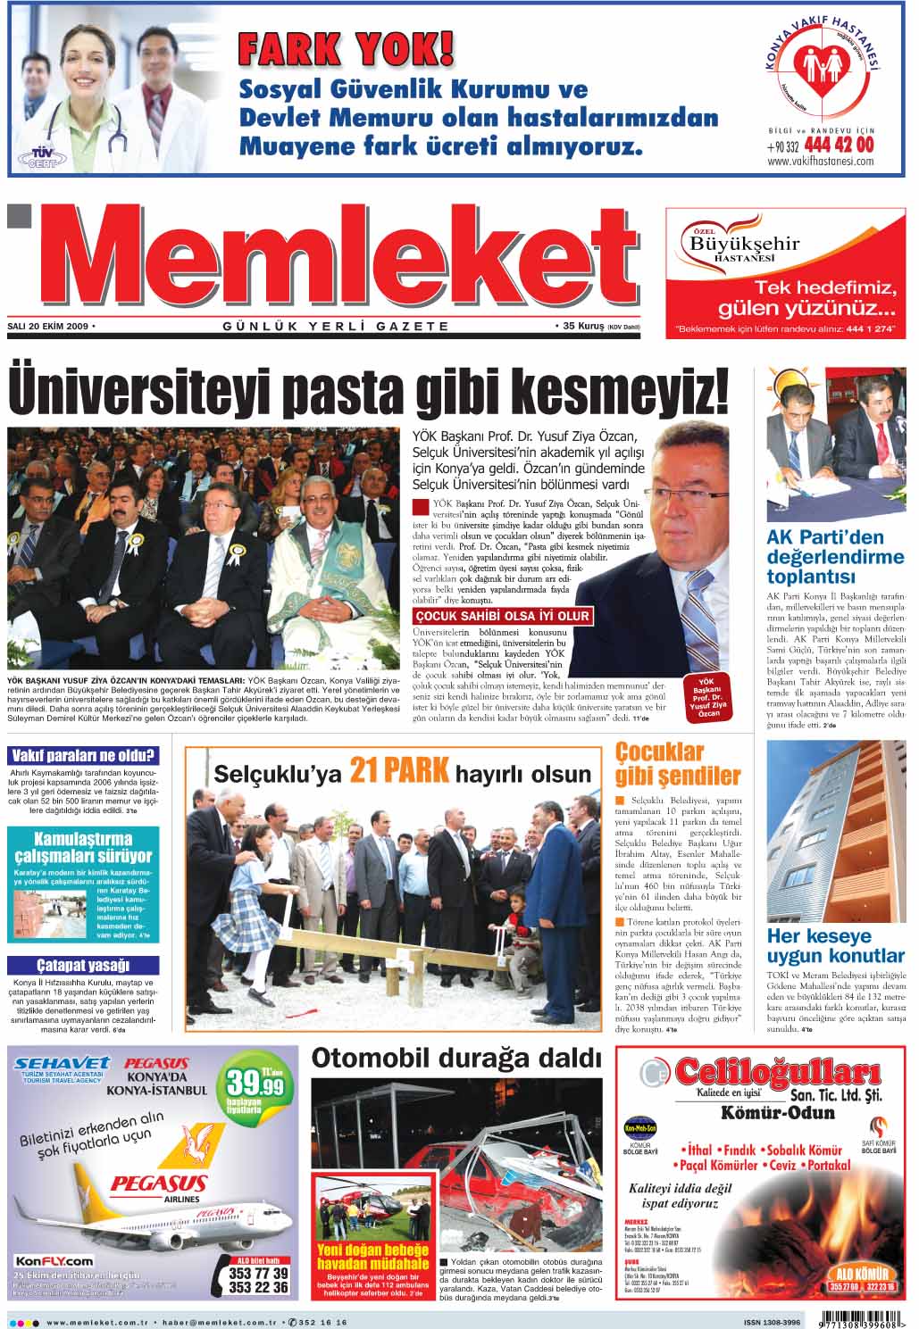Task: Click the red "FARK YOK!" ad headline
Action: (x=347, y=49)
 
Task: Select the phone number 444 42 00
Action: (x=839, y=145)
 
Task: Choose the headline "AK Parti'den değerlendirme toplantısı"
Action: (x=835, y=557)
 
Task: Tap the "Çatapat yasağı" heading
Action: (x=82, y=965)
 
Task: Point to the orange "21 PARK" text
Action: (x=399, y=770)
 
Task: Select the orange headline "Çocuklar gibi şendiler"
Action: (x=678, y=764)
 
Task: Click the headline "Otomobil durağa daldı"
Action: (x=455, y=1059)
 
